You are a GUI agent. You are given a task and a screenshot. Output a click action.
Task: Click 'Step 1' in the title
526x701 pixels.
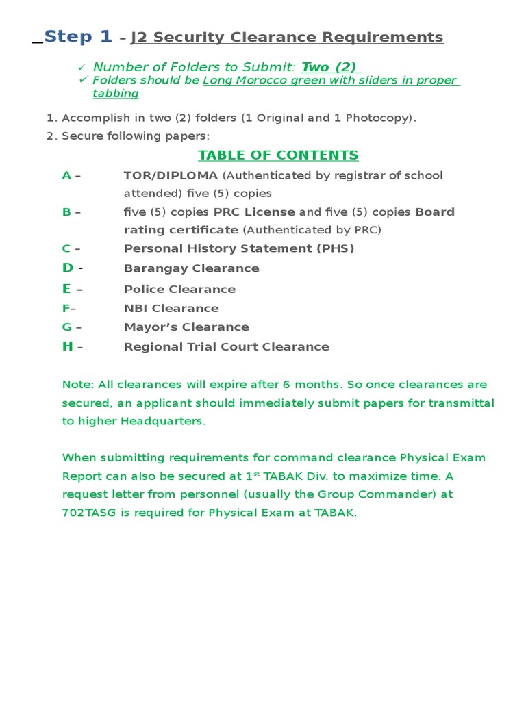coord(77,36)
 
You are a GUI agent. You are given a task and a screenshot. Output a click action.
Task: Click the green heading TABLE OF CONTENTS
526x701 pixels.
coord(278,155)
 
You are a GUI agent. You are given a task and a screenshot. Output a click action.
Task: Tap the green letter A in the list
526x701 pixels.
coord(66,175)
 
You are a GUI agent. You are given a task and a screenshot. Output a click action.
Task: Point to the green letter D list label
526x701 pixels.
coord(67,268)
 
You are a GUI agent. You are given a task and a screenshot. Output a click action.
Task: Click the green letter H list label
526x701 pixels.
coord(67,346)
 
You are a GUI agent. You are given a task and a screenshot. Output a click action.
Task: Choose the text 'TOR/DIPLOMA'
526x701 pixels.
coord(171,175)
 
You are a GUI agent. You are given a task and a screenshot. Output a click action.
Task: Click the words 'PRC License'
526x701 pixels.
coord(254,212)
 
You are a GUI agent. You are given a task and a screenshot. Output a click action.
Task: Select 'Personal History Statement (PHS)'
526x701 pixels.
coord(239,248)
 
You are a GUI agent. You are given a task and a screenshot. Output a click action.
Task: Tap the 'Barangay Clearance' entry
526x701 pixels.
coord(191,268)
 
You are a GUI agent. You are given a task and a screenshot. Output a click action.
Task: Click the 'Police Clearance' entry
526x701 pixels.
coord(179,289)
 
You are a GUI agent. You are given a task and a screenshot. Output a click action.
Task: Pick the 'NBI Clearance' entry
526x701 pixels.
coord(171,308)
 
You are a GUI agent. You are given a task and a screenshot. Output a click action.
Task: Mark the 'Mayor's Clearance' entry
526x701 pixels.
coord(186,327)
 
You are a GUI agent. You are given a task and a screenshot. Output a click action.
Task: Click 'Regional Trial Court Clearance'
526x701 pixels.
coord(226,346)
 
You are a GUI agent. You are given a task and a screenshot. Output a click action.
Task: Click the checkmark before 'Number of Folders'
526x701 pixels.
coord(82,66)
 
